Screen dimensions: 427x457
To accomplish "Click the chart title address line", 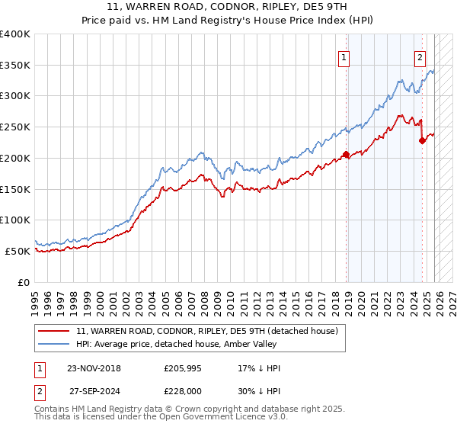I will tap(228, 8).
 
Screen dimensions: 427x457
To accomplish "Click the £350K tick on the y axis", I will tap(15, 66).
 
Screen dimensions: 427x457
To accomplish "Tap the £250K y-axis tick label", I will tap(15, 127).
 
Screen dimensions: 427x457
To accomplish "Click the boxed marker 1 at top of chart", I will tap(344, 56).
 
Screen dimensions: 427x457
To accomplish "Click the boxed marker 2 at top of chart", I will tap(420, 56).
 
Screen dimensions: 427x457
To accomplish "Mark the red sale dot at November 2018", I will tap(346, 155).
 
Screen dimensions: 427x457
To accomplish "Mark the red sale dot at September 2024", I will tap(422, 140).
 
